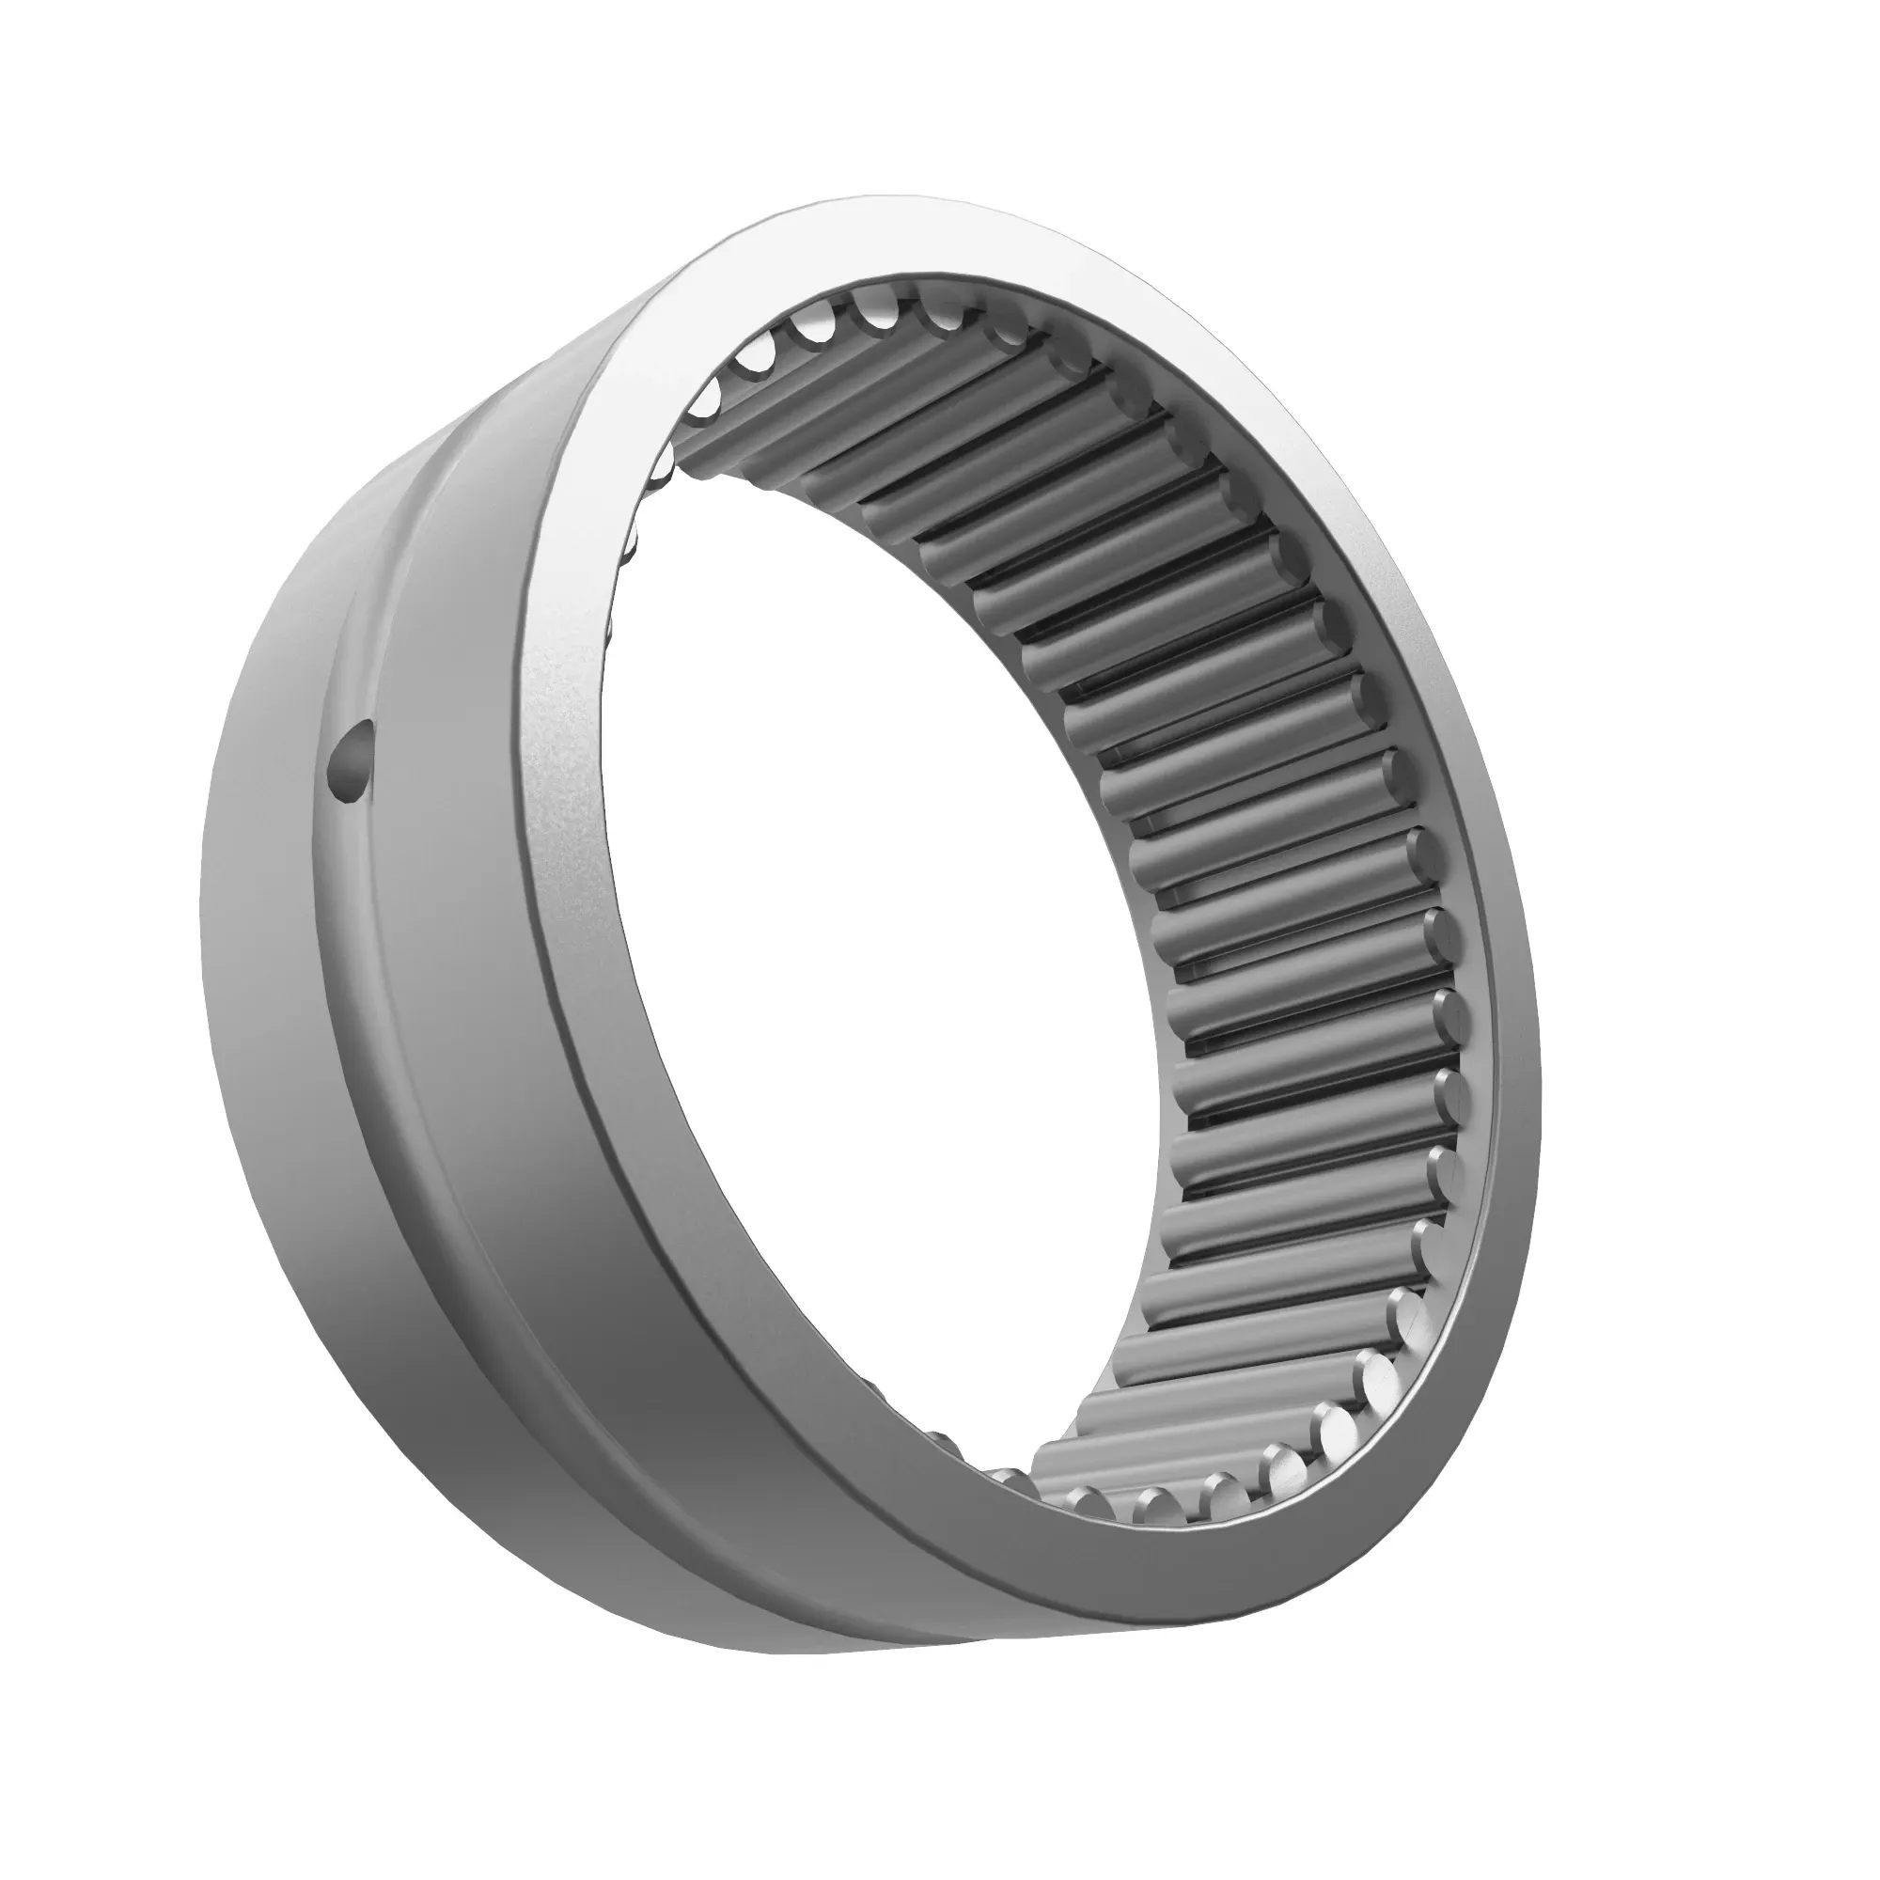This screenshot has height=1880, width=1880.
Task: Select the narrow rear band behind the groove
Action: click(x=263, y=973)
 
